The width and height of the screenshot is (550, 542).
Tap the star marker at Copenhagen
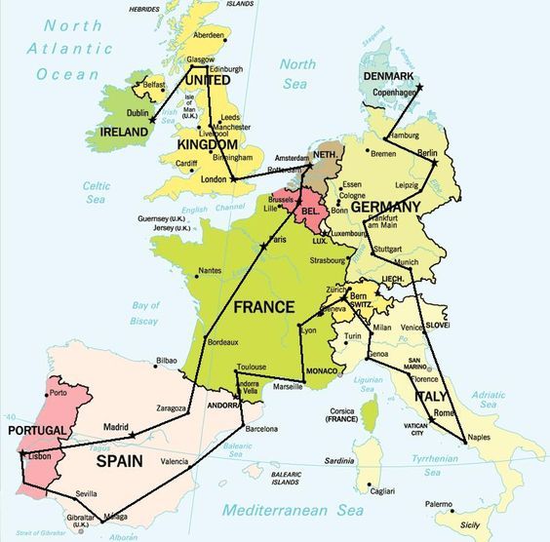coord(419,89)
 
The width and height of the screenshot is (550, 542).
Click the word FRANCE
coord(263,306)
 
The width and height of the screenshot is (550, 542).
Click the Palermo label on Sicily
coord(438,504)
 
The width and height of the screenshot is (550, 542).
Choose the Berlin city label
coord(427,153)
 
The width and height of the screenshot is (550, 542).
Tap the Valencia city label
coord(174,461)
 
